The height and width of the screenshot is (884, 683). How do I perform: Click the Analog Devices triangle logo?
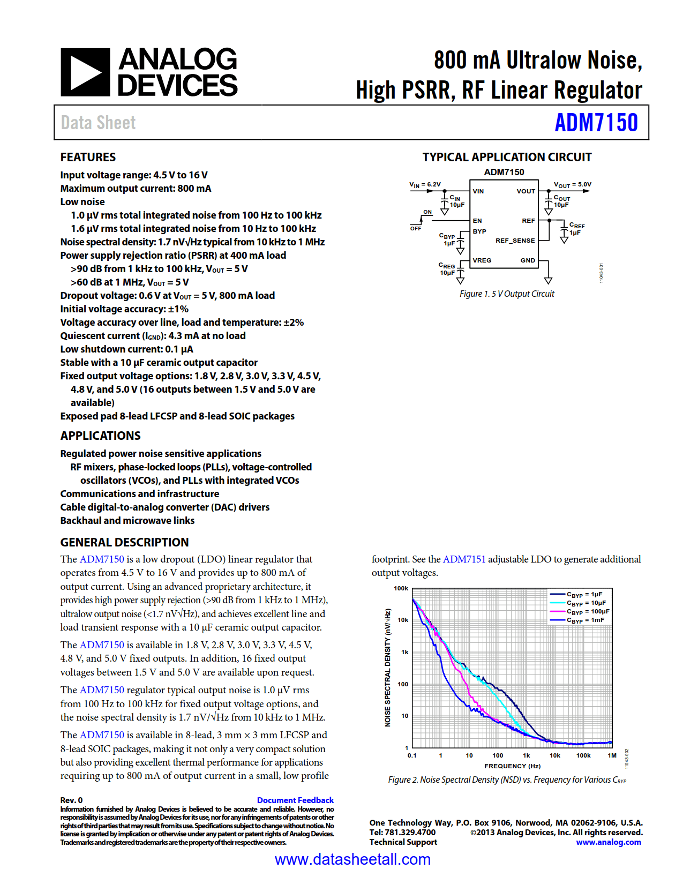tap(85, 72)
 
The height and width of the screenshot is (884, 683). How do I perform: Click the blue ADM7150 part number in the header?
tap(596, 123)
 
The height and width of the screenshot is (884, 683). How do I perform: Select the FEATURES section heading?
tap(88, 157)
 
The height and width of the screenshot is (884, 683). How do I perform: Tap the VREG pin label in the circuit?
tap(482, 260)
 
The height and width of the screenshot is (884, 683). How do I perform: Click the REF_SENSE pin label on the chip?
tap(515, 241)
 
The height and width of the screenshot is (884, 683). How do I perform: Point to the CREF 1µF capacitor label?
tap(576, 229)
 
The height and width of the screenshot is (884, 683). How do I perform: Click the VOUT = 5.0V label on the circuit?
tap(572, 185)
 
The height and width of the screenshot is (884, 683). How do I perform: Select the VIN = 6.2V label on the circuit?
tap(425, 185)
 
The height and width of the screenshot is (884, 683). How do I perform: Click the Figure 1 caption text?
tap(507, 294)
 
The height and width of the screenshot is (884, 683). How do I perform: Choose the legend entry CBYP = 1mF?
tap(585, 620)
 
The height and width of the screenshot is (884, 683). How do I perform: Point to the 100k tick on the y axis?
tap(401, 588)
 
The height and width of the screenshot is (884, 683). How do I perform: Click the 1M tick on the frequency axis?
tap(612, 755)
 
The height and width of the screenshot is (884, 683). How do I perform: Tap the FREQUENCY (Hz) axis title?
tap(512, 766)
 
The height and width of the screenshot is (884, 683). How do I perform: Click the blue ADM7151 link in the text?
tap(464, 559)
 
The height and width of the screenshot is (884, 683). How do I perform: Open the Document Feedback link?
tap(295, 800)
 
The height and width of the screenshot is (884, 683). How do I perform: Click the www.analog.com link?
tap(608, 842)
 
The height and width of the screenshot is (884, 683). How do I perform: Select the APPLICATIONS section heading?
tap(100, 436)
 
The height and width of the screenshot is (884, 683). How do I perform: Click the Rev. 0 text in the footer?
tap(71, 800)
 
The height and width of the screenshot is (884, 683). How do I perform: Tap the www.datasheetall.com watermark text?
tap(352, 859)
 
